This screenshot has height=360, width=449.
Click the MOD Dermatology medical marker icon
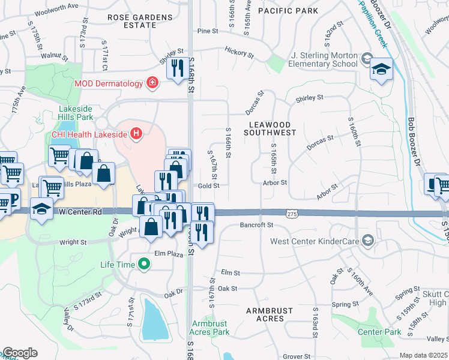152,83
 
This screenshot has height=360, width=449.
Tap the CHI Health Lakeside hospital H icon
137,133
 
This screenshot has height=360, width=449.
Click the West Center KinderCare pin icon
367,241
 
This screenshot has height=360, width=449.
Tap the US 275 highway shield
291,214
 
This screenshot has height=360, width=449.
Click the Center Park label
379,331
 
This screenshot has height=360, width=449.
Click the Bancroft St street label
256,225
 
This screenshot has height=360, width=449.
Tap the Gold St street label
209,186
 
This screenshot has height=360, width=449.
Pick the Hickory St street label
239,53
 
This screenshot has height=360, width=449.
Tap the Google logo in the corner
19,353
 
